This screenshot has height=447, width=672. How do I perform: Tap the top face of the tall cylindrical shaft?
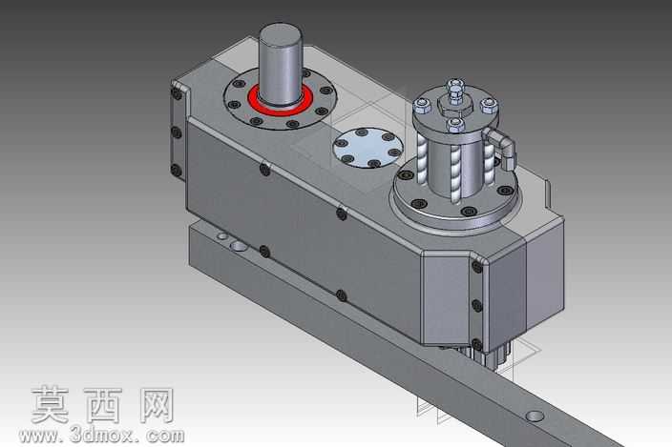(x=281, y=34)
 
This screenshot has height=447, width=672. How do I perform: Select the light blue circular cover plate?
(x=367, y=148)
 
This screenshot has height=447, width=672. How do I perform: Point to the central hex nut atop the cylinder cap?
(x=455, y=104)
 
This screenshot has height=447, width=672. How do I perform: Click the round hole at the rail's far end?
(x=535, y=416)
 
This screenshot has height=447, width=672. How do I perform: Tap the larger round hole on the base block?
(x=239, y=246)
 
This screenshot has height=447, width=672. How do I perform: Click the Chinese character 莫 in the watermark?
(x=50, y=405)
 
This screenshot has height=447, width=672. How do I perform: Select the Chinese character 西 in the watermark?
(x=103, y=405)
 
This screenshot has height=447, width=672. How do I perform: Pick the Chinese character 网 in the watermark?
(x=157, y=405)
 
